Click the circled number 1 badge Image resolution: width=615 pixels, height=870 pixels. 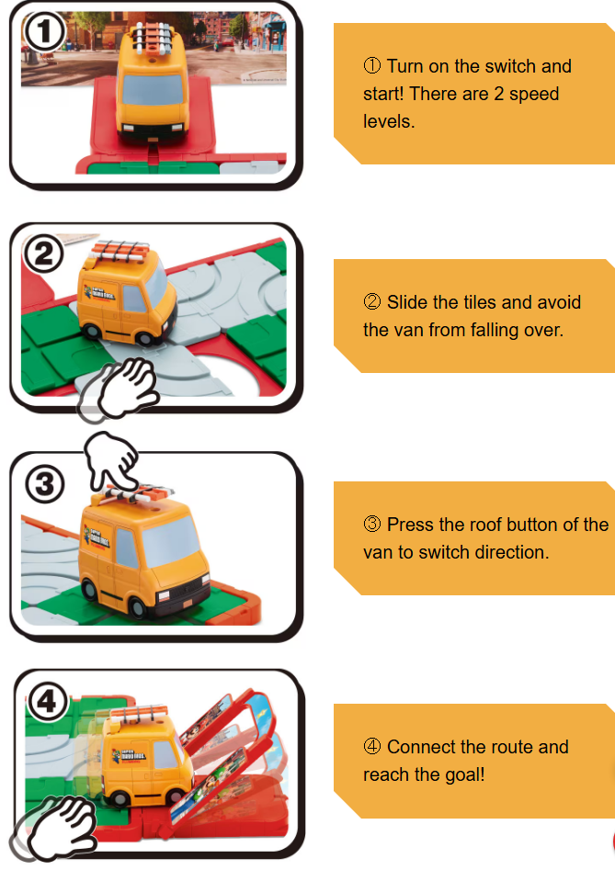click(x=44, y=32)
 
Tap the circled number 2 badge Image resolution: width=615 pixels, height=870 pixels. click(x=44, y=254)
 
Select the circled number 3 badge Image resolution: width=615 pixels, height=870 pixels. click(x=45, y=484)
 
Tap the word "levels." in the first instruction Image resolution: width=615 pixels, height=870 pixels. click(x=389, y=121)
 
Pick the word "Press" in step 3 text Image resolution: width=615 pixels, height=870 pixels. click(x=410, y=525)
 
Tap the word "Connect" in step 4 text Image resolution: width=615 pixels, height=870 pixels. click(x=422, y=747)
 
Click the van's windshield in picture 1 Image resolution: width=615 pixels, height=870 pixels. click(x=153, y=89)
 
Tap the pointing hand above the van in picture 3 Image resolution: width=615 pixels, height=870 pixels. click(x=111, y=458)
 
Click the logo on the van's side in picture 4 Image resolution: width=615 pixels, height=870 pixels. click(x=130, y=755)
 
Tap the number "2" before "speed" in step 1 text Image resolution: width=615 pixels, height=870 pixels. click(x=499, y=94)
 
